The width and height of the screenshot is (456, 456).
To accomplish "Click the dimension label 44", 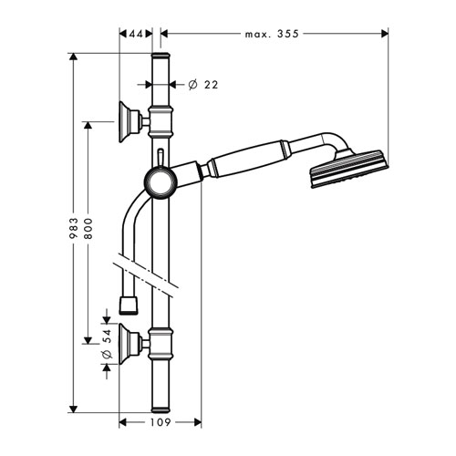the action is (x=136, y=34).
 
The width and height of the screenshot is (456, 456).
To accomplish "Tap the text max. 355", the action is (x=272, y=34).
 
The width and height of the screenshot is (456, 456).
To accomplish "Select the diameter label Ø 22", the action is (x=203, y=85).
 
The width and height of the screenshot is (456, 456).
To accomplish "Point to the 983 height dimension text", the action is (x=74, y=228).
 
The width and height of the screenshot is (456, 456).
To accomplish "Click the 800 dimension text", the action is (x=88, y=228).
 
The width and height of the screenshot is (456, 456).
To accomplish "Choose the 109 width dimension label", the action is (x=161, y=422).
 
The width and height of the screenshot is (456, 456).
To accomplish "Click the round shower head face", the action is (x=349, y=169).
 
